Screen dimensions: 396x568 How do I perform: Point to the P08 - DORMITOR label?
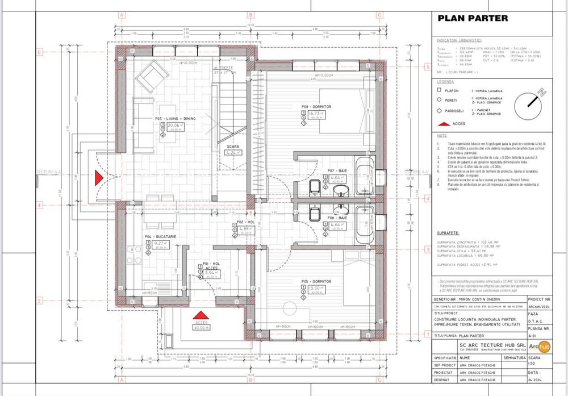316,106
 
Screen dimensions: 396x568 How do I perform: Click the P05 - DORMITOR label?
316,281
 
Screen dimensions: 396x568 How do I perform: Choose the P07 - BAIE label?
337,170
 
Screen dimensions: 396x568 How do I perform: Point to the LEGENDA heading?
445,82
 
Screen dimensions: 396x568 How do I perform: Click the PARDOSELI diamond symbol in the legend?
439,111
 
